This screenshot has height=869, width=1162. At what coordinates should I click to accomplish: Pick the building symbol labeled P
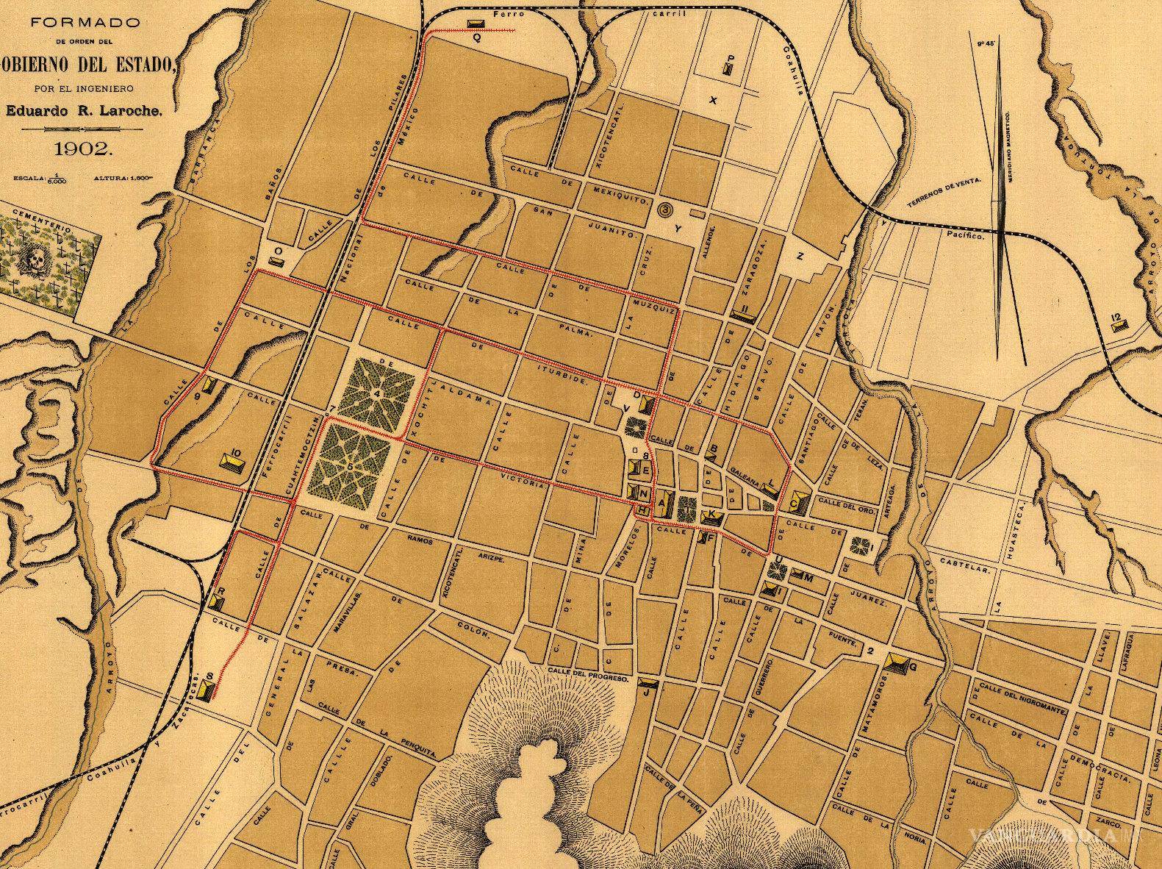pos(728,71)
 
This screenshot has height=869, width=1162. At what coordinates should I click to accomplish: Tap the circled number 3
pos(666,210)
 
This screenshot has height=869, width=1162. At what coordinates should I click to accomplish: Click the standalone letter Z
pos(800,256)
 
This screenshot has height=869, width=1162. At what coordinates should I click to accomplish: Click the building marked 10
pos(233,462)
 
